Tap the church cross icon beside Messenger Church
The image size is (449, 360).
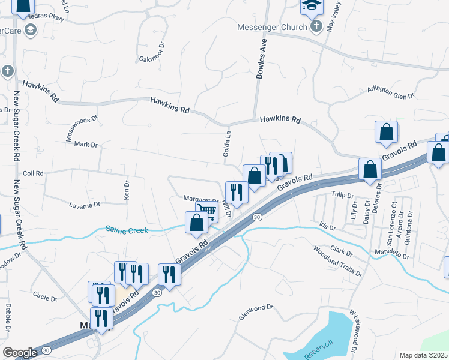pyautogui.click(x=317, y=26)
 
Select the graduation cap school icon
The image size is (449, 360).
pyautogui.click(x=312, y=6)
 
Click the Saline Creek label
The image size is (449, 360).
pyautogui.click(x=127, y=229)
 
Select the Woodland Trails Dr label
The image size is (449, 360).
pyautogui.click(x=337, y=260)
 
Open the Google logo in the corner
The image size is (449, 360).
pyautogui.click(x=20, y=353)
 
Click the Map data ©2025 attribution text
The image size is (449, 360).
pyautogui.click(x=424, y=355)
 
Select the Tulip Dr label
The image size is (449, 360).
pyautogui.click(x=343, y=194)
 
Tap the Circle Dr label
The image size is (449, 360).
pyautogui.click(x=45, y=296)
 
